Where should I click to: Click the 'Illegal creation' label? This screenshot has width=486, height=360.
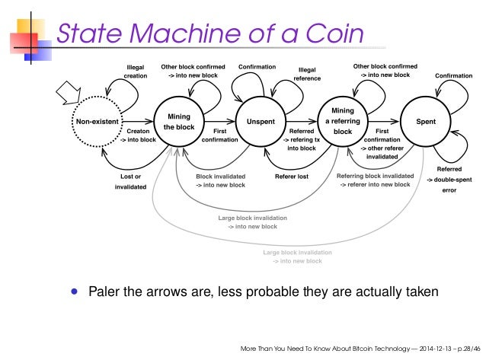click(136, 72)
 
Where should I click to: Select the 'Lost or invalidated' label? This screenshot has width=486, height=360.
click(130, 181)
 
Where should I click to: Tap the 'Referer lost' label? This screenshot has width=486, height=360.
click(292, 177)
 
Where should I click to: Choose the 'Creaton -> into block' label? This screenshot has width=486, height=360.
click(136, 135)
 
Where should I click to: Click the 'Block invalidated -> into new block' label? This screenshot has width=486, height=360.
click(221, 181)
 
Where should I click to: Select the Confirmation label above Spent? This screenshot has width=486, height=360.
click(453, 76)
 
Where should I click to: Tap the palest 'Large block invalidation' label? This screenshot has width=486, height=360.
click(298, 256)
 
